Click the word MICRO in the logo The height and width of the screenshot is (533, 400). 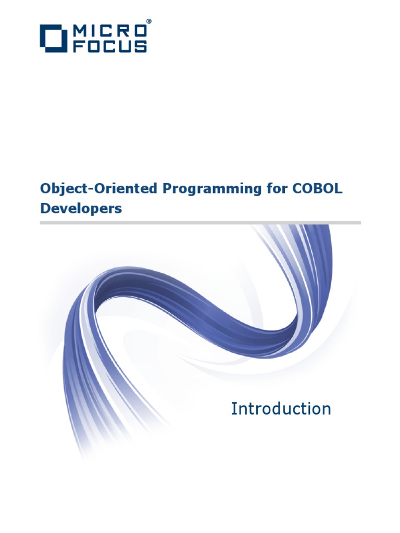coord(109,31)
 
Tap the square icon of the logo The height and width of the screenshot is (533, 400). coord(54,38)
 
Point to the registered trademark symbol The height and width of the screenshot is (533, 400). coord(148,22)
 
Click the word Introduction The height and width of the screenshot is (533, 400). coord(281,409)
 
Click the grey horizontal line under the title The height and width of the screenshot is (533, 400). coord(200,222)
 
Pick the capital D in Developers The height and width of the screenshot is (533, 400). coord(45,208)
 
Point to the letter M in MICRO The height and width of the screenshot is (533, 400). coord(80,31)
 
